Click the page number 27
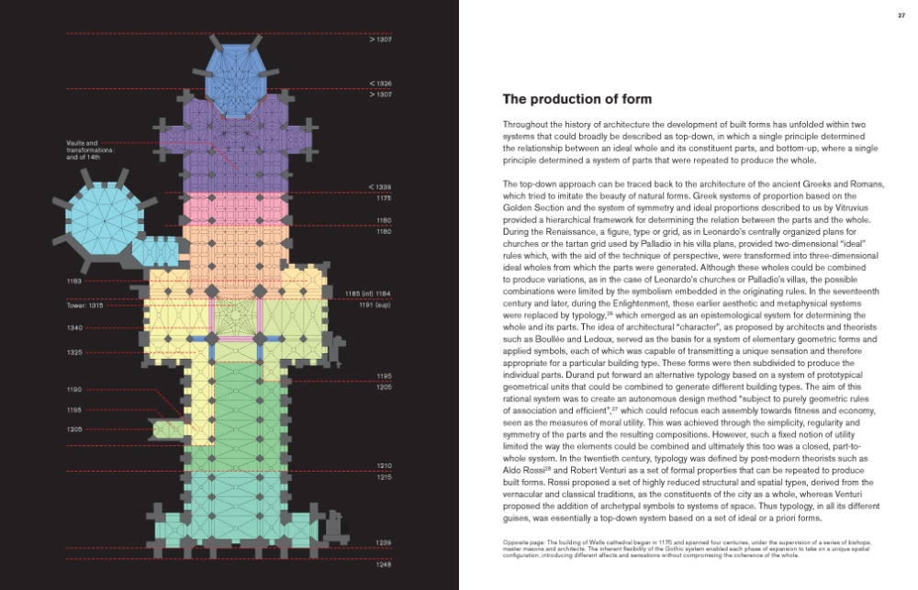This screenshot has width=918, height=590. pyautogui.click(x=901, y=15)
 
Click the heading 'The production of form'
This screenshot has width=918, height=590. pyautogui.click(x=577, y=99)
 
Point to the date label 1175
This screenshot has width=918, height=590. pyautogui.click(x=384, y=197)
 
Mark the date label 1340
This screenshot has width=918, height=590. pyautogui.click(x=75, y=328)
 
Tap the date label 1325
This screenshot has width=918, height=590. pyautogui.click(x=75, y=352)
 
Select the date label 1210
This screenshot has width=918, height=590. pyautogui.click(x=384, y=466)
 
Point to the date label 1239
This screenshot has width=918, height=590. pyautogui.click(x=384, y=543)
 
